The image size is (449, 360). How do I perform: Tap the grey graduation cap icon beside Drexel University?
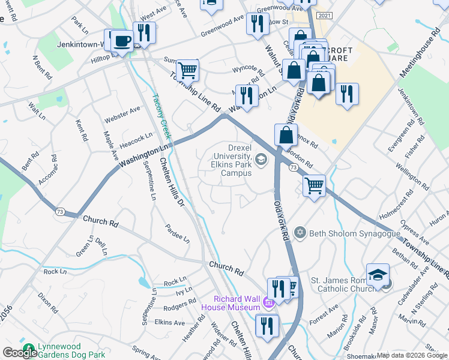click(x=261, y=159)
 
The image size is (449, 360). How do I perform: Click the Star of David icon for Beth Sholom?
click(x=300, y=232)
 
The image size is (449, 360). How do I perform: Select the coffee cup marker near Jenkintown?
click(x=123, y=41)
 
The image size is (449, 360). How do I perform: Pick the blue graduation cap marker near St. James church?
click(x=378, y=275)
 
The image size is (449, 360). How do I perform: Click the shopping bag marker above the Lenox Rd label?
click(x=286, y=135)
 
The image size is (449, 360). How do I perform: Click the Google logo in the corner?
click(x=20, y=352)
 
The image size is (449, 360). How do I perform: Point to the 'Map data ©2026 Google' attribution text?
click(x=411, y=355)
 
